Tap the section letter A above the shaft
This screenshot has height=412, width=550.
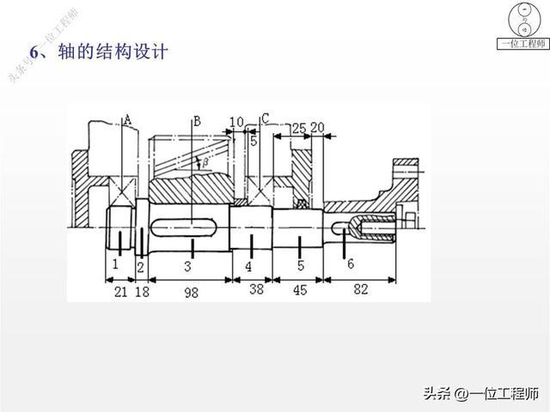(127, 120)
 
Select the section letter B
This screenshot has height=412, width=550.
(197, 120)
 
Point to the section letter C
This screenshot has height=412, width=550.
(266, 118)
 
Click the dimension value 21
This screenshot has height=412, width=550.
(120, 292)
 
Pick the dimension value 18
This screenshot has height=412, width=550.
(143, 292)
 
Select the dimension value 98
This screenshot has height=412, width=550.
(191, 292)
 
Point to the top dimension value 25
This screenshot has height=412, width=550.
(299, 128)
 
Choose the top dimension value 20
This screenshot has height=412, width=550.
(316, 128)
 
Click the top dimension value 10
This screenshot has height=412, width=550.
(237, 123)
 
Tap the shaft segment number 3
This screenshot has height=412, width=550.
(187, 267)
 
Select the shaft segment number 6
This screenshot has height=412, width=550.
(350, 264)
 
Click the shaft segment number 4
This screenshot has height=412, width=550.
(248, 267)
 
